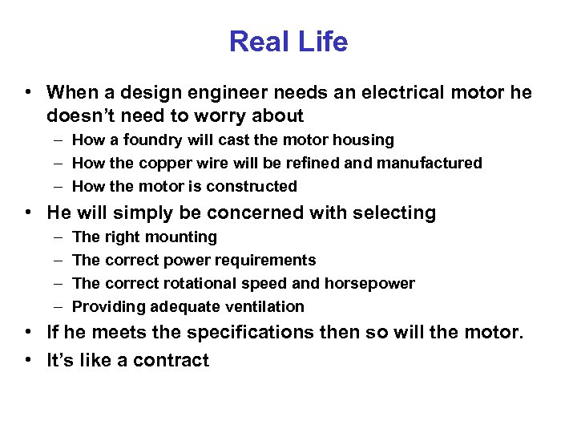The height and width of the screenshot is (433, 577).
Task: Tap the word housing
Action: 361,140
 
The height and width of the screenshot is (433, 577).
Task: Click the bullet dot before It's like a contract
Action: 28,361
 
